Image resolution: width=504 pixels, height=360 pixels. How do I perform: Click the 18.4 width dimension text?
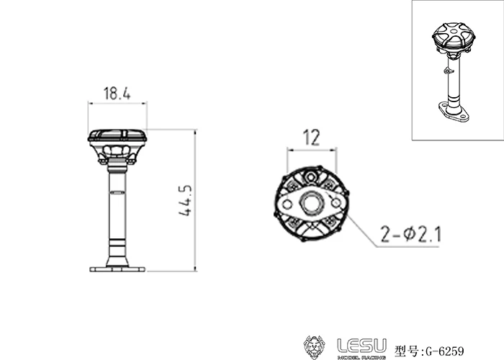tap(117, 94)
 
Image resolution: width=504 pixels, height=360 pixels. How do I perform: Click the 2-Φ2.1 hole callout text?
tap(413, 234)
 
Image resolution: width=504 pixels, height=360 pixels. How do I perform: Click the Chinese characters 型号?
tap(408, 352)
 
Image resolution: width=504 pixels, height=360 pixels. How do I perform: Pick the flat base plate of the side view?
tap(117, 269)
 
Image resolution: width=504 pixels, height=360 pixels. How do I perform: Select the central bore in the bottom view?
tap(311, 204)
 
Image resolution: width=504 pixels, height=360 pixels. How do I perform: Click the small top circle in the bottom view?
tap(311, 175)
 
